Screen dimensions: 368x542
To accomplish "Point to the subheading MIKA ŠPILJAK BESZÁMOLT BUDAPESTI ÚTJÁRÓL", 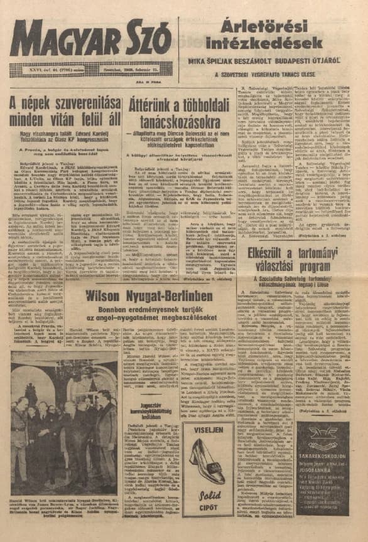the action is pos(269,62).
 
